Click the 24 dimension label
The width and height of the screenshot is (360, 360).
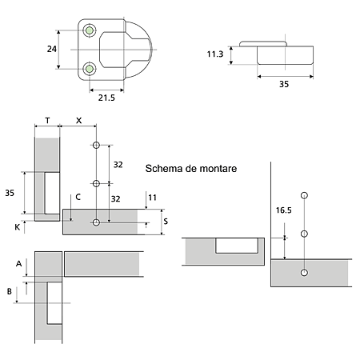pos(52,49)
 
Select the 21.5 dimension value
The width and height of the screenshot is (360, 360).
pos(106,98)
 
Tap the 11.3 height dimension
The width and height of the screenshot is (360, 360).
pos(215,54)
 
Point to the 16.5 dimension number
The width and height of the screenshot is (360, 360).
pos(283,210)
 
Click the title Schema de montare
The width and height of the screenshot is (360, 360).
pos(191,169)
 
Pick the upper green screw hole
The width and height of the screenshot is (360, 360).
pos(90,30)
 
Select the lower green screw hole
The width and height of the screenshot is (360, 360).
pos(90,69)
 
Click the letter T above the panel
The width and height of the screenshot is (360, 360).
pos(47,121)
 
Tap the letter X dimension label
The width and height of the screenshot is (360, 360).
pos(78,121)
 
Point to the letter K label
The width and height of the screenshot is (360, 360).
pos(17,227)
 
